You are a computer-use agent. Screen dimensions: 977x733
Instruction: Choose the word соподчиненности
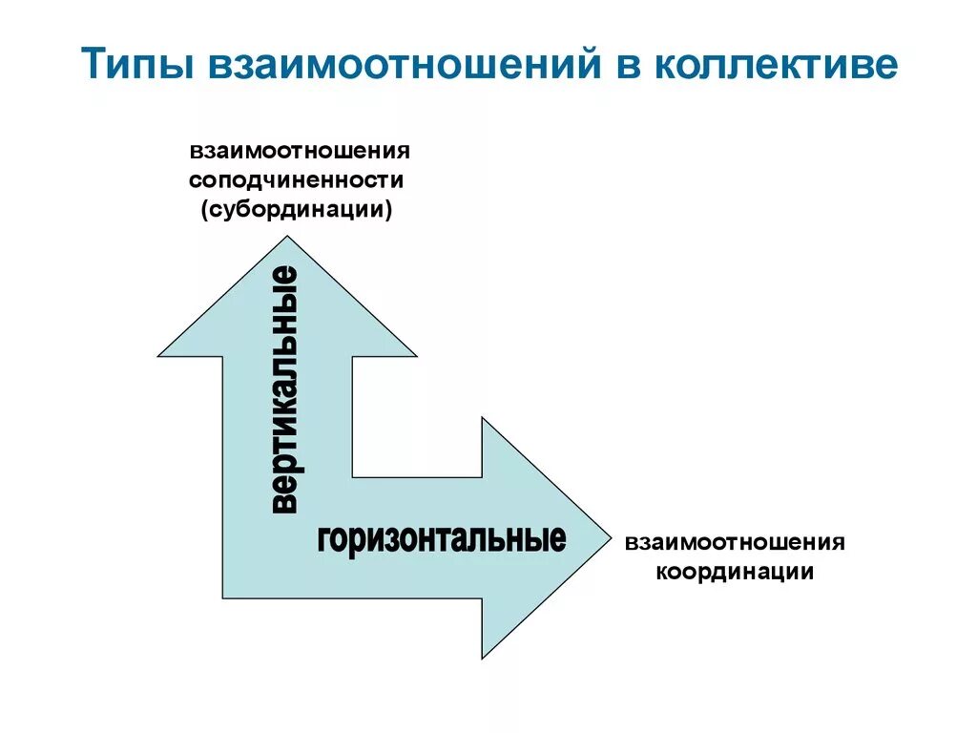pos(297,180)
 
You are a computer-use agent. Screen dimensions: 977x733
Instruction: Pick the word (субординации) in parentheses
pos(297,209)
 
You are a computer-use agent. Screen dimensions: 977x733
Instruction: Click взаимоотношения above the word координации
pos(735,543)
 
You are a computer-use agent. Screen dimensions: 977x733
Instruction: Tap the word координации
pos(734,572)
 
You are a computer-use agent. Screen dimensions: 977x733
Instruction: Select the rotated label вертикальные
pos(285,391)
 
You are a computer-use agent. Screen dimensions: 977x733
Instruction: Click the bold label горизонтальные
pos(442,539)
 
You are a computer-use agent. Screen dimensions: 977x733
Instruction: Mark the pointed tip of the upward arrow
pos(287,227)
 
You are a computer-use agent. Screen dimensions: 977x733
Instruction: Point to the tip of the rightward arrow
pos(607,536)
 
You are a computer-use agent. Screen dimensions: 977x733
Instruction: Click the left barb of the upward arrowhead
pos(159,356)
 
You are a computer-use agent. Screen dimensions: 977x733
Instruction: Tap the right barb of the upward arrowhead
pos(415,356)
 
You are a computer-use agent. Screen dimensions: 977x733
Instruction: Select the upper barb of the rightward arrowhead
pos(482,418)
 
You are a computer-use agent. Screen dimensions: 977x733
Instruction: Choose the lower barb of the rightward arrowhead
pos(482,658)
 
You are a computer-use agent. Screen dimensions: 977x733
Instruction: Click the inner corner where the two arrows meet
pos(353,476)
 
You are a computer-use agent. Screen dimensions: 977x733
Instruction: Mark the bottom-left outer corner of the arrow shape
pos(223,598)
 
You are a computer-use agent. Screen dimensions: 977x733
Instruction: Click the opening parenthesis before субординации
pos(204,209)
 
